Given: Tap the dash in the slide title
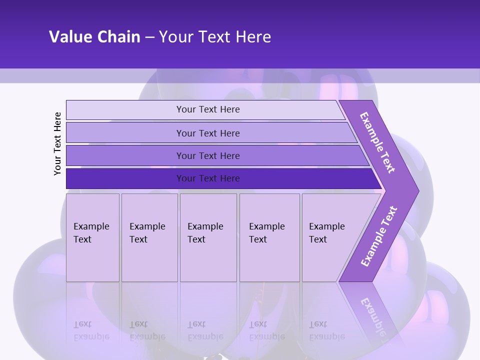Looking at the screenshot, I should coord(149,37).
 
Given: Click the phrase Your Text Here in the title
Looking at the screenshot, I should coord(215,37).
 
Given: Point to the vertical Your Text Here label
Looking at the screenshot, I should coord(57,143).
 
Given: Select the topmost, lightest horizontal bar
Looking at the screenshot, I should coord(207,109).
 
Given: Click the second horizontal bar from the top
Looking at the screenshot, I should coord(207,133).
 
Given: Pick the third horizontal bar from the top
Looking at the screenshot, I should coord(207,155).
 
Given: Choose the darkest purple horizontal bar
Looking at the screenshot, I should coord(207,178).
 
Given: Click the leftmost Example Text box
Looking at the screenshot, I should coord(92,237).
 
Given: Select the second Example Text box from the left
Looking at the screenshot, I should coord(149,237).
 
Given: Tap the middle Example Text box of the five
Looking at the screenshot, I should coord(208,237).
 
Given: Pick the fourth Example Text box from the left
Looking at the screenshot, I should coord(269,237).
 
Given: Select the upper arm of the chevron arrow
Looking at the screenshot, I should coord(378,142).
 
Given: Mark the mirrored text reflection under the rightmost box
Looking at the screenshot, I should coord(326,330).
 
